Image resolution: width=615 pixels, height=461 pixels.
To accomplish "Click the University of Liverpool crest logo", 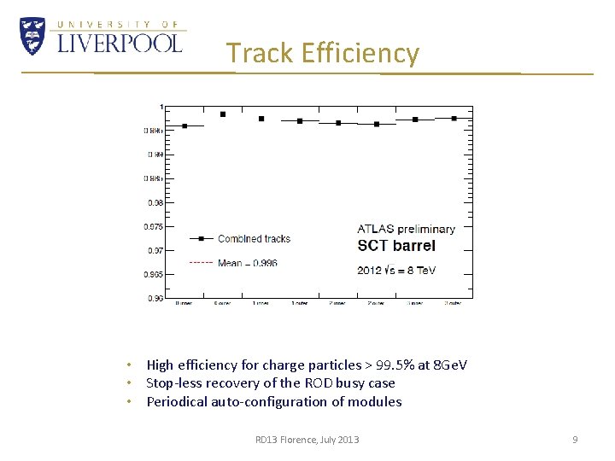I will tap(32, 36).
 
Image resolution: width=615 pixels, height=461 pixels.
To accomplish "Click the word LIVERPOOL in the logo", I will tap(120, 42).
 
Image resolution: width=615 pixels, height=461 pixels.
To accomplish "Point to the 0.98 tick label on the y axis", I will tap(154, 202).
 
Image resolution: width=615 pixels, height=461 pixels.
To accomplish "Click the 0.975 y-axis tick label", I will tap(153, 226).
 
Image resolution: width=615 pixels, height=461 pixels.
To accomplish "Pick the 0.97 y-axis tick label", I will tap(155, 250).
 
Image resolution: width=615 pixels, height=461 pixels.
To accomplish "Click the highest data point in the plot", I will tap(223, 114).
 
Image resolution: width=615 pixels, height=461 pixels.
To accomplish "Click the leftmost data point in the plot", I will tap(184, 126).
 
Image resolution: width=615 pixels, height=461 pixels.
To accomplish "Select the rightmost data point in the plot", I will tap(454, 119).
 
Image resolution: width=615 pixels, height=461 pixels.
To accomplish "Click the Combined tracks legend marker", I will tap(199, 239).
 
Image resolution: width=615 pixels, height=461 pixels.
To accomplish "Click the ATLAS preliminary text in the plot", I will tap(406, 229).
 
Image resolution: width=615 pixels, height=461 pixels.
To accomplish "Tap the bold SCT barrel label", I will tap(396, 246).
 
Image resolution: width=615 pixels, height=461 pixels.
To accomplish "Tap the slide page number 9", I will tap(575, 440).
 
